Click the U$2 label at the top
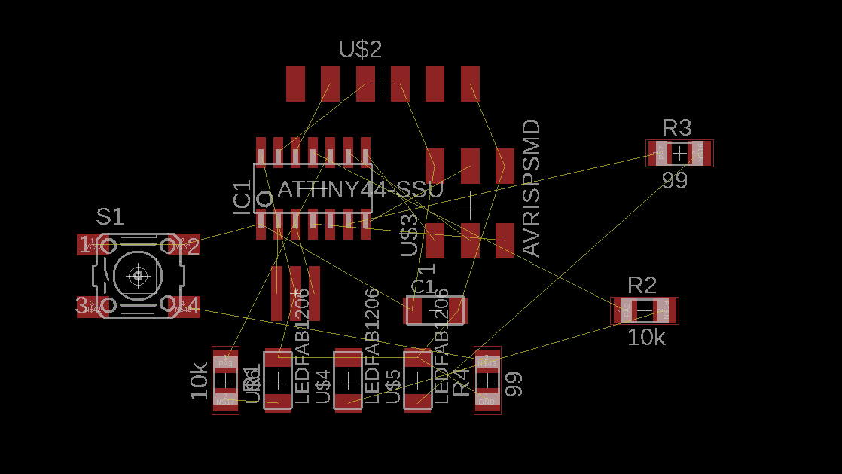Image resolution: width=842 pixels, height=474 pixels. (360, 50)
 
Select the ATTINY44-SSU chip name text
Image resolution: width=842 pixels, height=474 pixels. (360, 189)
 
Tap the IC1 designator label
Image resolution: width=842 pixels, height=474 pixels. (243, 197)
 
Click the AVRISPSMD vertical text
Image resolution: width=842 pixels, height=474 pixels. (531, 188)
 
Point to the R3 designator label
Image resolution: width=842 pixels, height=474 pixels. (676, 127)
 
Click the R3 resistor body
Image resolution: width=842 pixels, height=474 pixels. (679, 154)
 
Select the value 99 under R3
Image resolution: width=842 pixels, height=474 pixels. (675, 181)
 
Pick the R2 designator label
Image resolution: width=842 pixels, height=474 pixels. (642, 286)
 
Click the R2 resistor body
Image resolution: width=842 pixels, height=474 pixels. (645, 310)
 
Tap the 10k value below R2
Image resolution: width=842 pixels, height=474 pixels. (646, 338)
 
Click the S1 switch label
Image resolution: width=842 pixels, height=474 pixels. (109, 217)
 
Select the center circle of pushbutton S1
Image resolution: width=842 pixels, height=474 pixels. (138, 276)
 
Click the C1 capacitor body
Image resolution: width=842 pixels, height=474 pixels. (435, 310)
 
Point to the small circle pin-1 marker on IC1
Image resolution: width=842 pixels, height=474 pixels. (264, 200)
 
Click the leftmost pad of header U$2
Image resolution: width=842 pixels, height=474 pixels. (295, 84)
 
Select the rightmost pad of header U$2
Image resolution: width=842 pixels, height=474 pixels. (470, 84)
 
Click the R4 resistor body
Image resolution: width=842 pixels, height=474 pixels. (487, 381)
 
